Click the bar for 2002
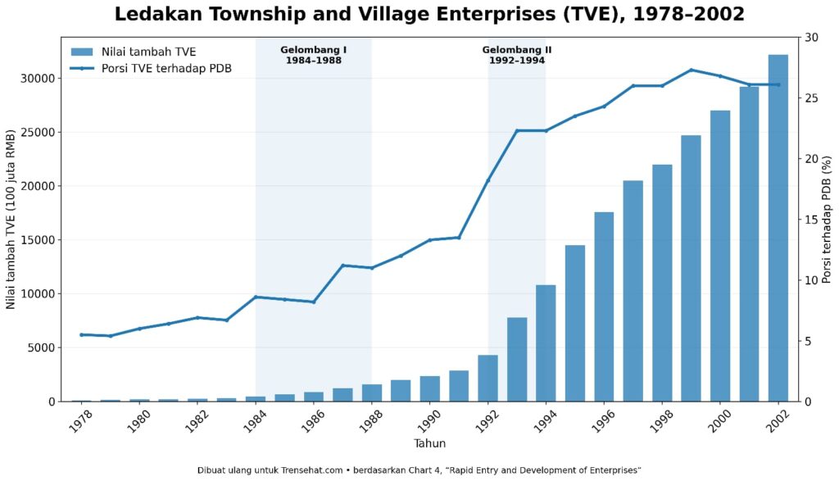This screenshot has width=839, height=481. pyautogui.click(x=778, y=228)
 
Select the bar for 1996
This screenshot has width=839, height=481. pyautogui.click(x=604, y=306)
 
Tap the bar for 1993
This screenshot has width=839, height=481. pyautogui.click(x=517, y=360)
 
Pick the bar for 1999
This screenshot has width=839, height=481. pyautogui.click(x=691, y=268)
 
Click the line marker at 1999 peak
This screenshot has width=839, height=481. pyautogui.click(x=692, y=70)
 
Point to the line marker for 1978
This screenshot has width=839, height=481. pyautogui.click(x=81, y=335)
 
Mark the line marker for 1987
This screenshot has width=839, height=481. pyautogui.click(x=343, y=265)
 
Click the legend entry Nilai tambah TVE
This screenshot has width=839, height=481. pyautogui.click(x=134, y=52)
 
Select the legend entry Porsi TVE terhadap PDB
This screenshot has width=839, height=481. pyautogui.click(x=152, y=69)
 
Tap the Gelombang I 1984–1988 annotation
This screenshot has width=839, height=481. pyautogui.click(x=314, y=55)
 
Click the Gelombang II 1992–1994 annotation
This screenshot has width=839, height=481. pyautogui.click(x=517, y=55)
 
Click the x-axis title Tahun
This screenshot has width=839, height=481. pyautogui.click(x=429, y=443)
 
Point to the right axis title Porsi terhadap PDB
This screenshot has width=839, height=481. pyautogui.click(x=828, y=220)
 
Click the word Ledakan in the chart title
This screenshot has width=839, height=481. pyautogui.click(x=156, y=15)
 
